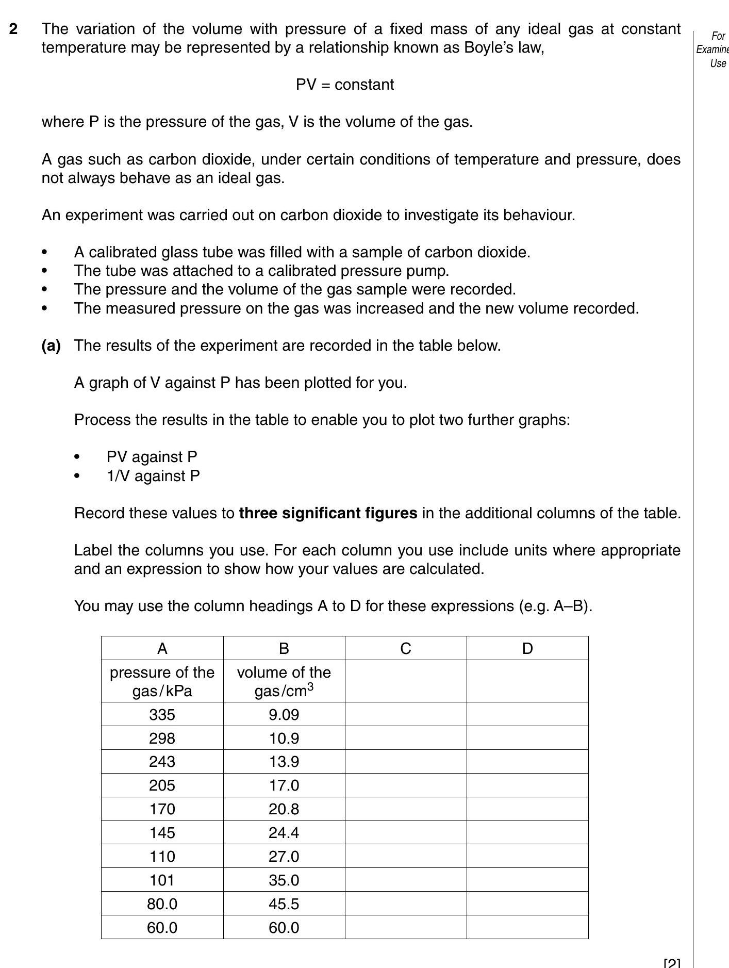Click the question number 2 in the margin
tap(14, 29)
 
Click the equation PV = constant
tap(344, 85)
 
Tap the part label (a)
tap(51, 346)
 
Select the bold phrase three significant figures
tap(328, 513)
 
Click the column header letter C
tap(405, 648)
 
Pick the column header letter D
tap(527, 648)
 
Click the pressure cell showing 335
tap(162, 714)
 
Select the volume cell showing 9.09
tap(284, 714)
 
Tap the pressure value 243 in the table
tap(162, 762)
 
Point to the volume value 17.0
tap(284, 785)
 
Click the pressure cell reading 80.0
tap(162, 904)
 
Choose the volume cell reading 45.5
tap(284, 904)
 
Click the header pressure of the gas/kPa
tap(162, 681)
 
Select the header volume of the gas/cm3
tap(284, 681)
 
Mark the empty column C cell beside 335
tap(405, 714)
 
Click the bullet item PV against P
tap(152, 457)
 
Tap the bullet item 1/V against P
tap(153, 475)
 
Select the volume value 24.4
tap(284, 832)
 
